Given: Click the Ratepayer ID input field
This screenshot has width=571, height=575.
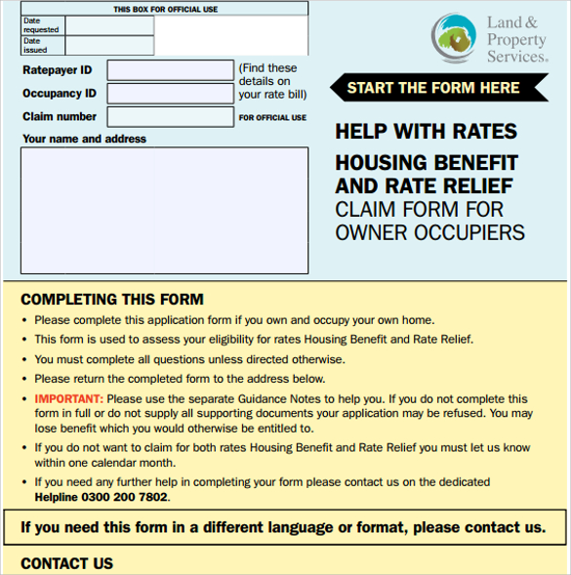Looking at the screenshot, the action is pos(170,70).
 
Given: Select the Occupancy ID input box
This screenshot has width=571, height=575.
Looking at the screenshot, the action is pos(170,94).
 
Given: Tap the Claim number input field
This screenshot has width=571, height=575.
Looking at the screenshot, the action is pos(170,117).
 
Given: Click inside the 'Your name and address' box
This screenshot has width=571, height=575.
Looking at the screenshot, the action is pos(164,211).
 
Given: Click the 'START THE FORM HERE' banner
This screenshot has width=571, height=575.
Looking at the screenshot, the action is pos(433,88).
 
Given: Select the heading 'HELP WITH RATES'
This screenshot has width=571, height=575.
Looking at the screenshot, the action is pos(426,132).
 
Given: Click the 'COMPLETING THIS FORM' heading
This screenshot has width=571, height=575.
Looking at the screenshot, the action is pos(112,300).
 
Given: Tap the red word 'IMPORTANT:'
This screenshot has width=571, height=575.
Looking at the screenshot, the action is pos(68,399).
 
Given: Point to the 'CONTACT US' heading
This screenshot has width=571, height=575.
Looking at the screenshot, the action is pos(66,563).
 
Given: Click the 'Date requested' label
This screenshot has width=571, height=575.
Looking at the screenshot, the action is pos(40,25).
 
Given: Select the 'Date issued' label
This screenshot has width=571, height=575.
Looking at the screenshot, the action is pos(35,45).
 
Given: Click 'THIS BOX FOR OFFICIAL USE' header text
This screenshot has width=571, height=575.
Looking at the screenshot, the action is pos(166,9).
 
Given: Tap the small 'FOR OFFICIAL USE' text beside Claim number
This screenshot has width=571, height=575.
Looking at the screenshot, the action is pos(272,118).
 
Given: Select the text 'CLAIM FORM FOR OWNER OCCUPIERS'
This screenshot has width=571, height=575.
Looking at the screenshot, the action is pos(429,221).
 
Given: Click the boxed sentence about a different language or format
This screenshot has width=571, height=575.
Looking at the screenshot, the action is pos(283,528).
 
